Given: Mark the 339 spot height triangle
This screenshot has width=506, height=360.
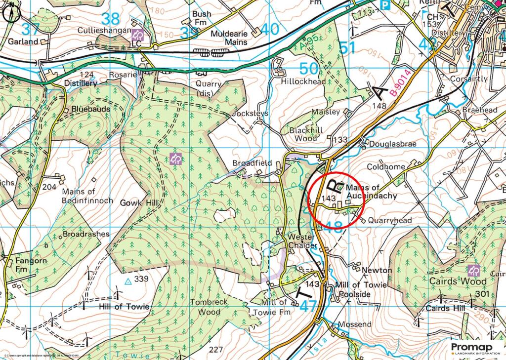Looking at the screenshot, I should click(128, 281).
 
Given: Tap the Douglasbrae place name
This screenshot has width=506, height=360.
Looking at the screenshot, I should click(394, 144).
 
